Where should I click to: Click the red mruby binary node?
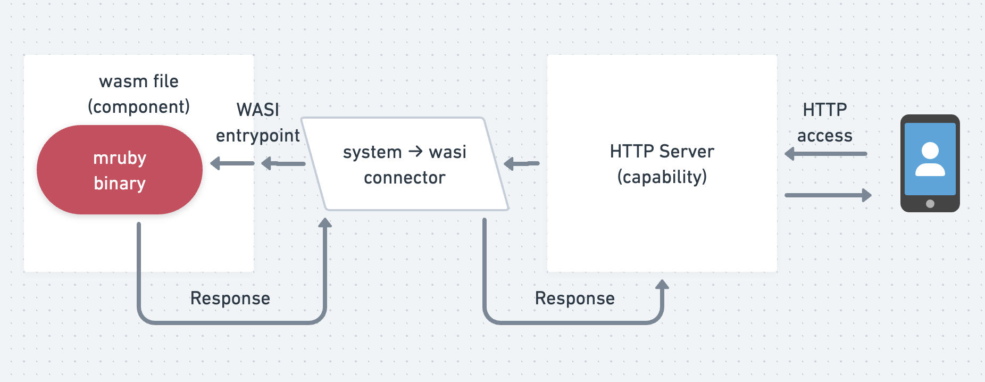(120, 170)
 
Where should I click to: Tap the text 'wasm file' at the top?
(139, 81)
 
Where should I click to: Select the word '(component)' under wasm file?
(139, 107)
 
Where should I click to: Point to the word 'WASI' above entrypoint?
(258, 110)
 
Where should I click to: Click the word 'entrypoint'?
(258, 136)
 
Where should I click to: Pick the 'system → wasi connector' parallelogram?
(405, 164)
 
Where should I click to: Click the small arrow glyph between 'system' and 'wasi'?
(415, 152)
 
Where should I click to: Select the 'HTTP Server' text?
(662, 152)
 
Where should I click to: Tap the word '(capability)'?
(662, 177)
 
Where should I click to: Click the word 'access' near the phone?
(825, 136)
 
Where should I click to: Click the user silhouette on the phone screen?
(930, 159)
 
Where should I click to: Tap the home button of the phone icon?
(930, 204)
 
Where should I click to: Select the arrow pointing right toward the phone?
(828, 195)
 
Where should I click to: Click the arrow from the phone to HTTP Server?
(826, 154)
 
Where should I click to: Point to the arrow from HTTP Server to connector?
(522, 163)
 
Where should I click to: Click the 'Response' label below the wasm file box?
(230, 298)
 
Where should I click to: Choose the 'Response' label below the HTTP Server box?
(575, 298)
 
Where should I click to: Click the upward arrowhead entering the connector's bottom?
(325, 222)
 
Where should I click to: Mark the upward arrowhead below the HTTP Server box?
(662, 285)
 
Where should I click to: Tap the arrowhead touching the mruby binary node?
(215, 163)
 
